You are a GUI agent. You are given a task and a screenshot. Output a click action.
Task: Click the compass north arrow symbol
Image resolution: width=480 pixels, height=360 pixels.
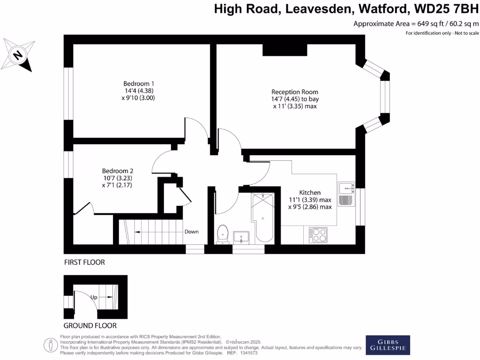[18, 55]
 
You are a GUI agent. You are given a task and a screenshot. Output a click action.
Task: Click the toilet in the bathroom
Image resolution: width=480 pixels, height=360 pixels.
[222, 233]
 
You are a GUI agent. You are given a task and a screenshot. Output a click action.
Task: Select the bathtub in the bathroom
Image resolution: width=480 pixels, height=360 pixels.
[264, 217]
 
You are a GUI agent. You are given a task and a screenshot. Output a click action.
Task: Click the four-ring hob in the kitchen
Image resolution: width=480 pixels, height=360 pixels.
[318, 235]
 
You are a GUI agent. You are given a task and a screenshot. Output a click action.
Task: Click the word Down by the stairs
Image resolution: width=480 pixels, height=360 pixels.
[191, 232]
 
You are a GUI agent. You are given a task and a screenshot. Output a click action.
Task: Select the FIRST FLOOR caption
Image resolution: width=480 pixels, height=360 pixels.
[84, 262]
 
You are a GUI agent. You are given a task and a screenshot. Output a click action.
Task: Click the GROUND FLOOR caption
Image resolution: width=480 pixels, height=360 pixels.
[90, 325]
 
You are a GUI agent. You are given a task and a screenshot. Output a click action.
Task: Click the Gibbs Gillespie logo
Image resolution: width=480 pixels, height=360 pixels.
[388, 345]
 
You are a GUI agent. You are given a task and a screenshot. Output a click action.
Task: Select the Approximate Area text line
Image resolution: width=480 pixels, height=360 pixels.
[416, 24]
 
